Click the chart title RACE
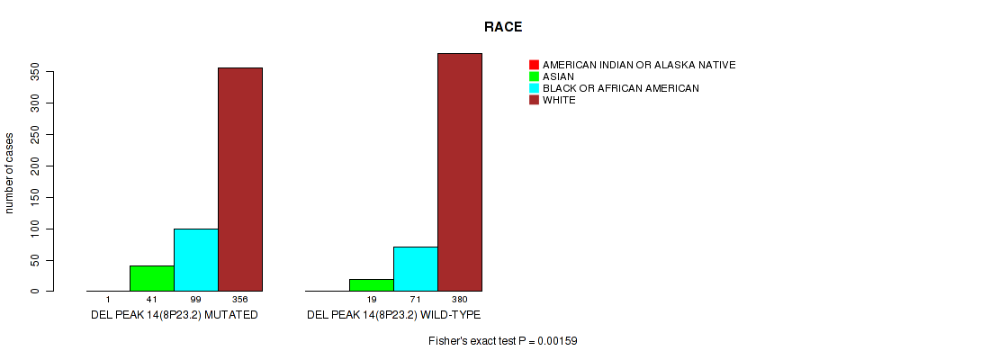pyautogui.click(x=503, y=27)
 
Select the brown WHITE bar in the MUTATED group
pyautogui.click(x=240, y=179)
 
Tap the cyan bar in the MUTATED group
pyautogui.click(x=196, y=260)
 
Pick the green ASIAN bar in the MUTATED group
pyautogui.click(x=152, y=279)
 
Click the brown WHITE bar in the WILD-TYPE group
pyautogui.click(x=460, y=172)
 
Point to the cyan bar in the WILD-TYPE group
pyautogui.click(x=416, y=269)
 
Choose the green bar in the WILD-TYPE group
pyautogui.click(x=372, y=285)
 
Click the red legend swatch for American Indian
pyautogui.click(x=534, y=65)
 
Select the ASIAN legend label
pyautogui.click(x=558, y=76)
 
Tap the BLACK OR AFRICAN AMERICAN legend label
pyautogui.click(x=621, y=88)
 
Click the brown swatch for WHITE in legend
pyautogui.click(x=534, y=100)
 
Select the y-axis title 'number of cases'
pyautogui.click(x=9, y=173)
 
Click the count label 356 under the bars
pyautogui.click(x=240, y=300)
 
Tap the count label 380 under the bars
pyautogui.click(x=460, y=300)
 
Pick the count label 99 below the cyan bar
pyautogui.click(x=196, y=300)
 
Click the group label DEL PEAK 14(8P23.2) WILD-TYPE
pyautogui.click(x=393, y=315)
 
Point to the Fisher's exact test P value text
pyautogui.click(x=503, y=341)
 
